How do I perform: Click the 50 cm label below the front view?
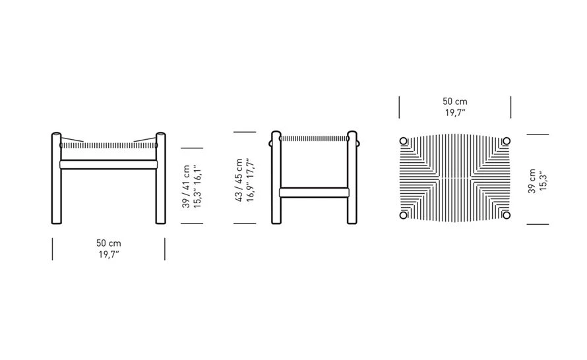pyautogui.click(x=109, y=243)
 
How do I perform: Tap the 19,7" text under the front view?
pyautogui.click(x=109, y=255)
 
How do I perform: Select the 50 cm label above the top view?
pyautogui.click(x=455, y=102)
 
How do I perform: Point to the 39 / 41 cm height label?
pyautogui.click(x=186, y=187)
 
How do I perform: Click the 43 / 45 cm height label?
pyautogui.click(x=239, y=180)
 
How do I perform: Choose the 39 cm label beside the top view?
pyautogui.click(x=532, y=181)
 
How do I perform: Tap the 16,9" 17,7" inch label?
pyautogui.click(x=251, y=180)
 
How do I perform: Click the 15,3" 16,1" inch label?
pyautogui.click(x=198, y=187)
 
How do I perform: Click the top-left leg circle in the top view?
pyautogui.click(x=403, y=141)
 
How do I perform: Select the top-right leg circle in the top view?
pyautogui.click(x=507, y=141)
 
